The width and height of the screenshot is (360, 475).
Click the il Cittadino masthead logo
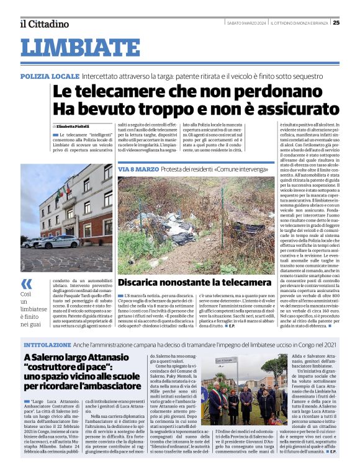(x=44, y=24)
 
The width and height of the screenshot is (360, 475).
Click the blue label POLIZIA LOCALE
(x=50, y=75)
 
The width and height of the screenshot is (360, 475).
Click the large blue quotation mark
(x=26, y=283)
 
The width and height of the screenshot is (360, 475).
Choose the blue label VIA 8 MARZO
(x=133, y=169)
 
